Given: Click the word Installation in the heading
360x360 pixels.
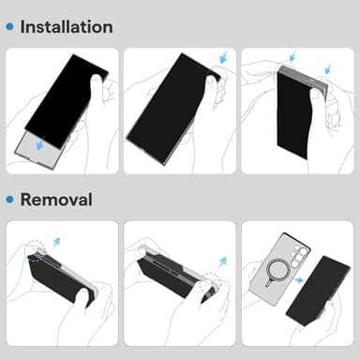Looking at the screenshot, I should [66, 26].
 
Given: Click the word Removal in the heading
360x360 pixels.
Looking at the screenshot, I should [55, 200].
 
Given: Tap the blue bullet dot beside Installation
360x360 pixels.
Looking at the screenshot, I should [9, 27].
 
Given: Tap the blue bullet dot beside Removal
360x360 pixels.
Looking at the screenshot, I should [9, 201].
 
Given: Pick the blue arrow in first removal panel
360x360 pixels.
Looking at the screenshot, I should [54, 243].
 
